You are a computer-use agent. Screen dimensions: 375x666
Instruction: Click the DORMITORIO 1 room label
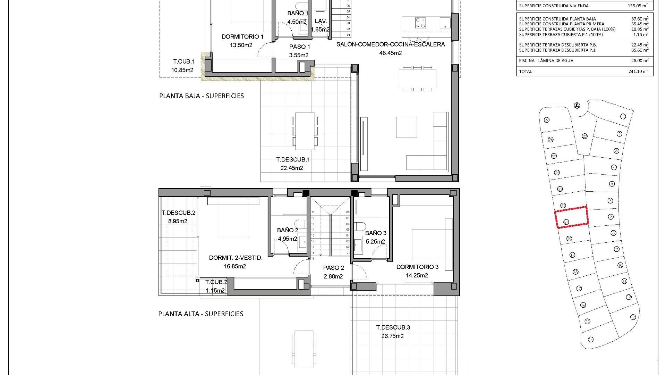click(x=242, y=36)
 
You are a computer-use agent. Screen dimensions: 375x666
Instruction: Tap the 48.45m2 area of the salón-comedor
click(x=391, y=53)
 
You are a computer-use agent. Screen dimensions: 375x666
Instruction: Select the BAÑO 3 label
click(x=376, y=233)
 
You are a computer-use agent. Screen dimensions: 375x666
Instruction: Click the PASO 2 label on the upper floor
click(x=333, y=268)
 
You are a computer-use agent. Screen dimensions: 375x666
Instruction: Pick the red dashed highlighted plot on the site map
click(x=572, y=217)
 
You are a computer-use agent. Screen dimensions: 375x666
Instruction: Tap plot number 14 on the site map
click(x=590, y=340)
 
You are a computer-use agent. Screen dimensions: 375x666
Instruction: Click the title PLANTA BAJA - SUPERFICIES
click(x=202, y=96)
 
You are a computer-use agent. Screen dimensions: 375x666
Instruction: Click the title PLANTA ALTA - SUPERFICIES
click(x=201, y=314)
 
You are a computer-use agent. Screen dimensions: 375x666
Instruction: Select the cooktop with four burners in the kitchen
click(x=421, y=23)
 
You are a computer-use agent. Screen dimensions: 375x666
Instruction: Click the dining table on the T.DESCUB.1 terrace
click(x=305, y=131)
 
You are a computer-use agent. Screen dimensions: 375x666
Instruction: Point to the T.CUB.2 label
click(x=216, y=282)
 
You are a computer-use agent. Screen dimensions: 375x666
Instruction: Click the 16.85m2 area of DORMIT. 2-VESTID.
click(x=235, y=266)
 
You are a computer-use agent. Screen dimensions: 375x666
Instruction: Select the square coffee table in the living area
click(x=407, y=127)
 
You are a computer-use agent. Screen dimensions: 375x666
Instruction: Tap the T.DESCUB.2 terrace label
click(x=178, y=213)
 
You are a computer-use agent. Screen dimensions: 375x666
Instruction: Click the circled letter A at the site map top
click(x=577, y=105)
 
